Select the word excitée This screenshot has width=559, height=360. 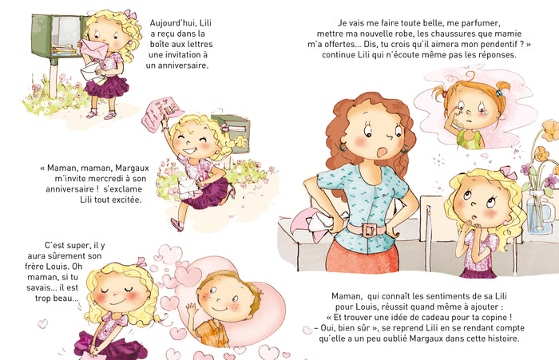click(124, 199)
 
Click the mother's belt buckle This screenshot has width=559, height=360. click(369, 230)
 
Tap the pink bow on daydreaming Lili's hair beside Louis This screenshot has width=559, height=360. click(141, 262)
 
